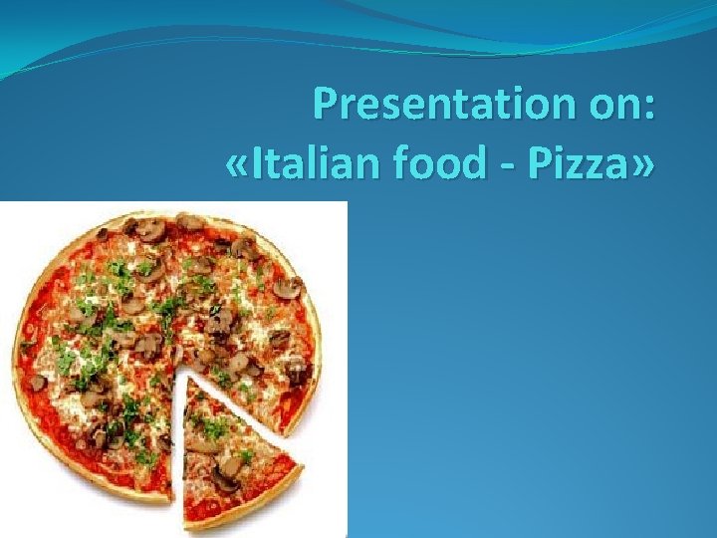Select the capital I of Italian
pyautogui.click(x=258, y=163)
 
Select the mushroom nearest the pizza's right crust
pyautogui.click(x=296, y=372)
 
